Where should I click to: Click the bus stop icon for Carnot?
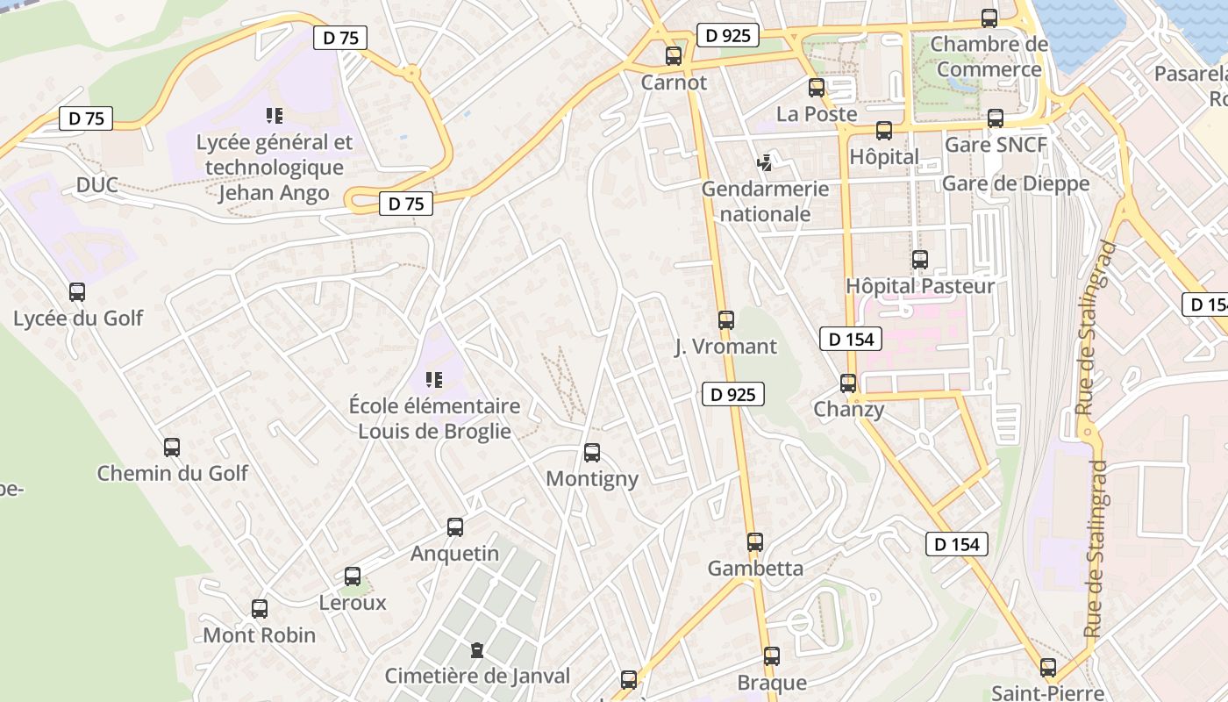point(674,56)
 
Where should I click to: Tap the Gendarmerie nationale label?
point(765,201)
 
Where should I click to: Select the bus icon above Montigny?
point(592,453)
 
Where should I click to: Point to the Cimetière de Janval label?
point(477,677)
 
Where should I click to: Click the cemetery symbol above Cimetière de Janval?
point(476,650)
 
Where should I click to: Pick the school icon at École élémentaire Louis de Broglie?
point(433,380)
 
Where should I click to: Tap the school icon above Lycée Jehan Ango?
point(275,116)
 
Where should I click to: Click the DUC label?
point(96,185)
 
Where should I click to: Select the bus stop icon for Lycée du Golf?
point(77,292)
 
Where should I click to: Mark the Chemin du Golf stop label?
point(172,474)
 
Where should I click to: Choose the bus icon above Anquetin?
point(455,527)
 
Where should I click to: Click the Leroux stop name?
point(353,603)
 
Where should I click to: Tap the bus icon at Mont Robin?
point(260,609)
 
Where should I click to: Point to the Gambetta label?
point(755,569)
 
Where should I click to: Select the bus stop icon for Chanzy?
point(848,383)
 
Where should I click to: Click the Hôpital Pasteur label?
point(920,286)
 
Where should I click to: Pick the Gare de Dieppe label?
point(1015,183)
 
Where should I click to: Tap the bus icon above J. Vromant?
point(726,320)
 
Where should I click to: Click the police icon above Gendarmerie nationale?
point(765,162)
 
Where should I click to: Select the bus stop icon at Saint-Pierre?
point(1048,668)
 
